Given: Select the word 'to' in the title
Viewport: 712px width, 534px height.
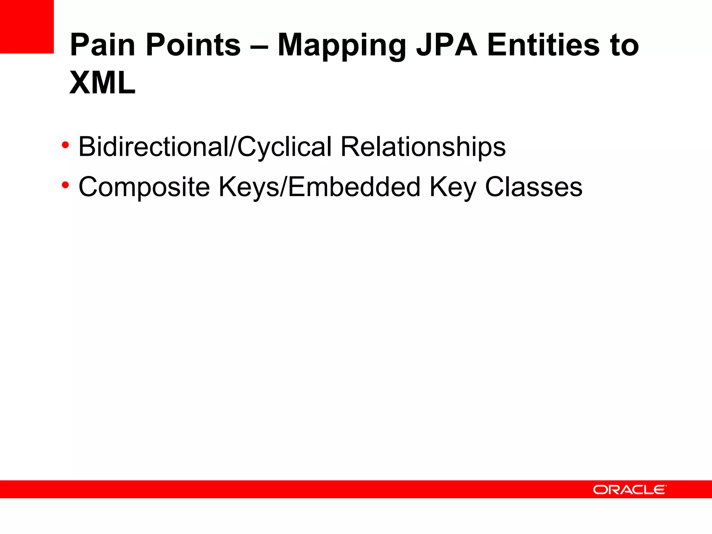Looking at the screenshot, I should [624, 45].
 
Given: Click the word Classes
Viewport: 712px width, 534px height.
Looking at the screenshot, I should [533, 187].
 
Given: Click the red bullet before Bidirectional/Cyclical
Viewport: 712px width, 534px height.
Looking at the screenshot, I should [65, 145].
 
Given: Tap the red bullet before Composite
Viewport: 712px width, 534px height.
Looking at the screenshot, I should [65, 185].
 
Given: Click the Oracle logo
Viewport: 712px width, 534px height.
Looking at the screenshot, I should [629, 490].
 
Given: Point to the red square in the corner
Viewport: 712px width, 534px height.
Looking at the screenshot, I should [27, 27].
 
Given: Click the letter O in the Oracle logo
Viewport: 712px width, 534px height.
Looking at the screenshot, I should [600, 490].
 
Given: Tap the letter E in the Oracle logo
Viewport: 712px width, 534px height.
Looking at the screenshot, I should [659, 490].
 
